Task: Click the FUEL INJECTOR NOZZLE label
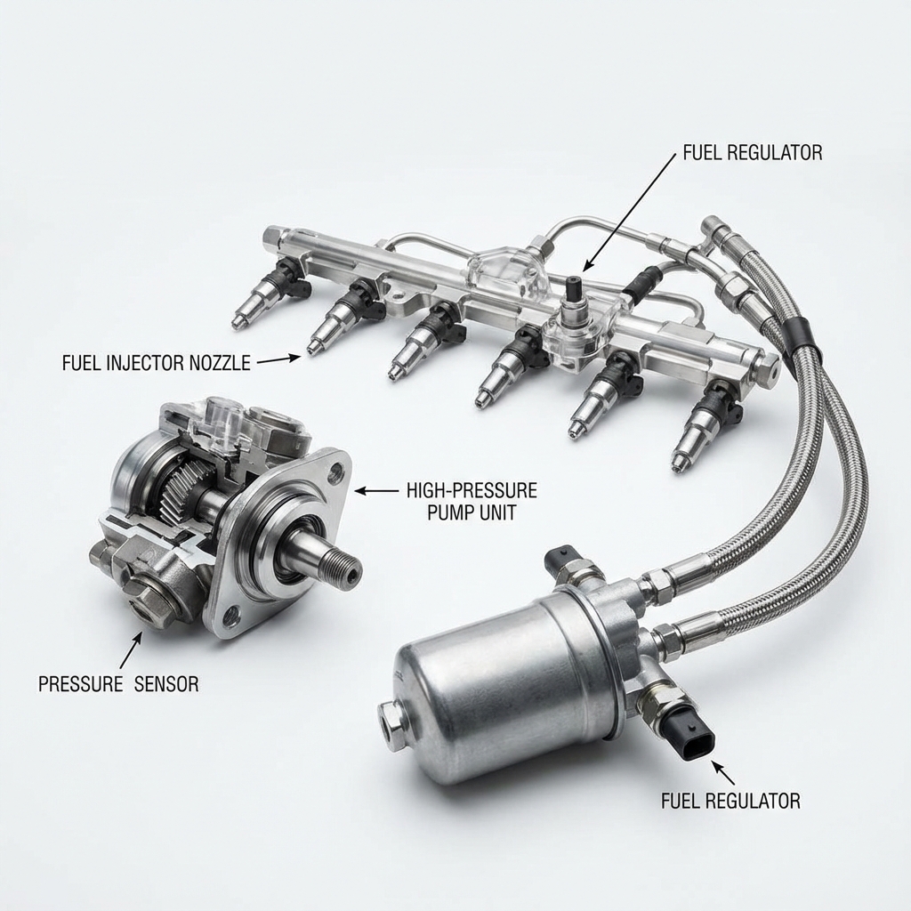click(157, 363)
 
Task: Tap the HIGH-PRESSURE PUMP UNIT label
click(472, 501)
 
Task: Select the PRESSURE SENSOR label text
click(118, 684)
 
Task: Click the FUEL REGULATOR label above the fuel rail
click(753, 152)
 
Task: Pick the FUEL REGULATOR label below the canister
click(730, 802)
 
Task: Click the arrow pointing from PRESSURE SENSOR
click(131, 649)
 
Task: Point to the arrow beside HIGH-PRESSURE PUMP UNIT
click(376, 491)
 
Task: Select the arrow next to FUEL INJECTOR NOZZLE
click(278, 359)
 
